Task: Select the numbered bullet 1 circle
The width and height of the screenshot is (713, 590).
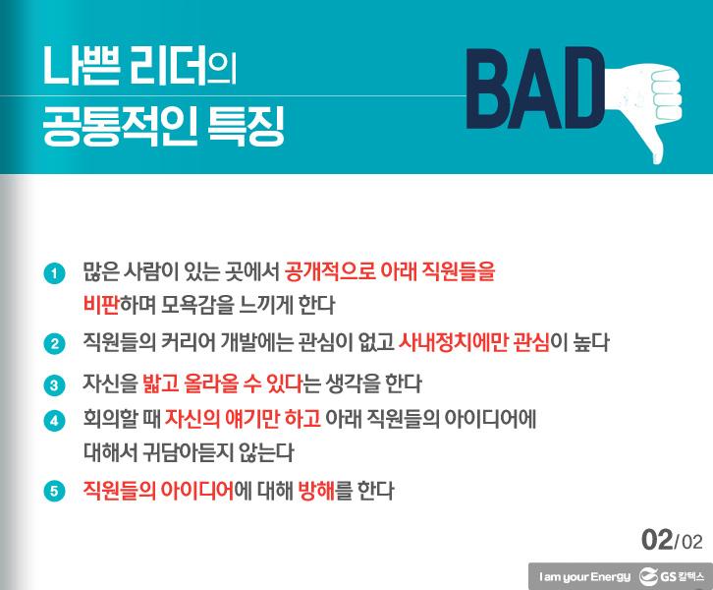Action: click(x=55, y=269)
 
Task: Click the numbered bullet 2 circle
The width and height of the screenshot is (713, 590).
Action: click(x=55, y=343)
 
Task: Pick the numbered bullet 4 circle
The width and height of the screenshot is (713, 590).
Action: click(x=55, y=419)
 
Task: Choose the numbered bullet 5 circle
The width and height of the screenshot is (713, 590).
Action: click(x=55, y=490)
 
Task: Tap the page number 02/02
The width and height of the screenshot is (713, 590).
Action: click(x=673, y=539)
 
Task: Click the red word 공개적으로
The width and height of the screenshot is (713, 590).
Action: click(x=339, y=269)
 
